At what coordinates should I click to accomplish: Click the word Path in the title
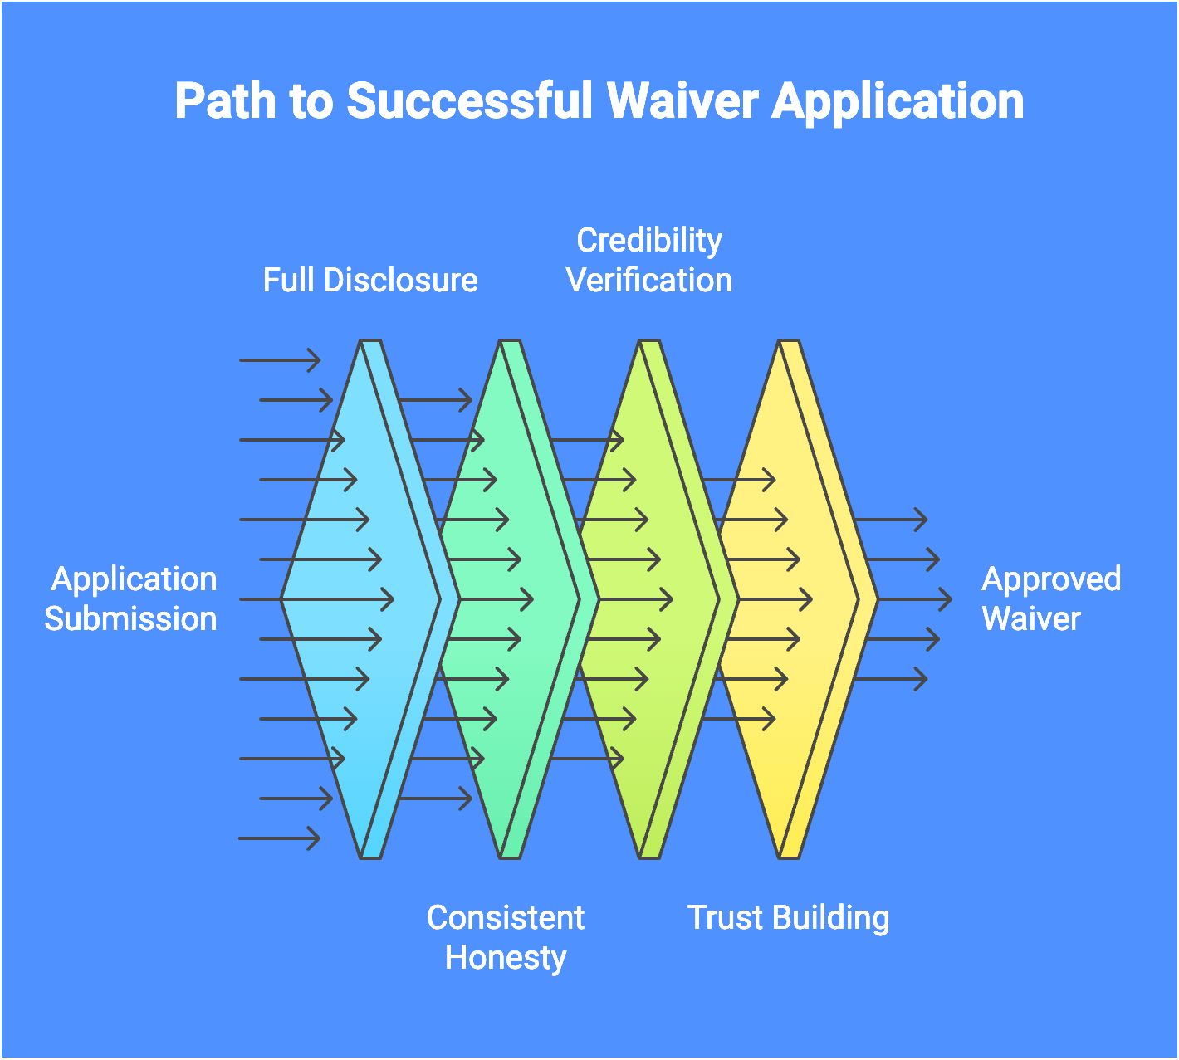pos(224,101)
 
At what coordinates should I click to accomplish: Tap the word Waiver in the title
pos(682,101)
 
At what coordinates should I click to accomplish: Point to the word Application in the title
pos(898,101)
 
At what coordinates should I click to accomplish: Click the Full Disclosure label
pos(370,281)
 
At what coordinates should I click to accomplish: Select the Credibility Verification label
pos(649,261)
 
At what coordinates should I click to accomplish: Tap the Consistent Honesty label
pos(506,938)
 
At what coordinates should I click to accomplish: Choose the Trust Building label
pos(788,918)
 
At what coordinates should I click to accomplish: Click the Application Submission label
pos(131,599)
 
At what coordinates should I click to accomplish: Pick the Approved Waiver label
pos(1050,599)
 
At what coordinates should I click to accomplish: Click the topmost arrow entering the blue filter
pos(280,360)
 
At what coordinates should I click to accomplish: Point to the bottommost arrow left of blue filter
pos(279,838)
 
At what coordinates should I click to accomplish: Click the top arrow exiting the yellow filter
pos(890,520)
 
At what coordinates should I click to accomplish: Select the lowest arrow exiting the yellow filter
pos(890,680)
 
